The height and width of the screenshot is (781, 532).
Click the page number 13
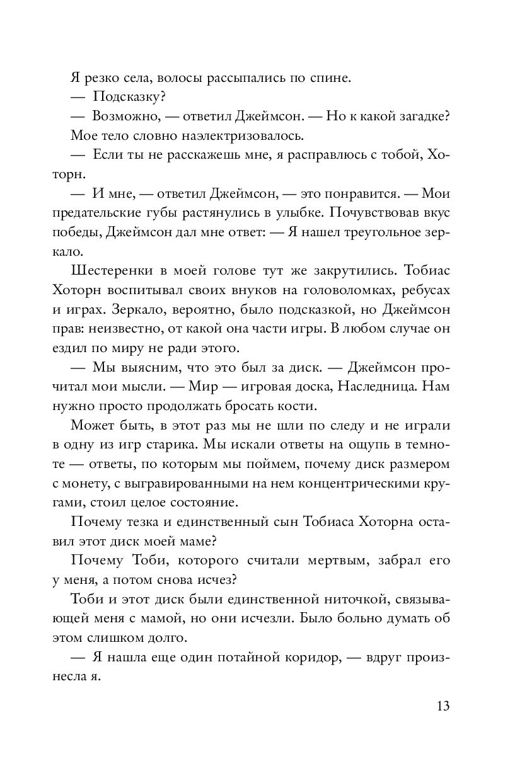442,706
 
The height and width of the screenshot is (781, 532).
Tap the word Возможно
124,117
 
